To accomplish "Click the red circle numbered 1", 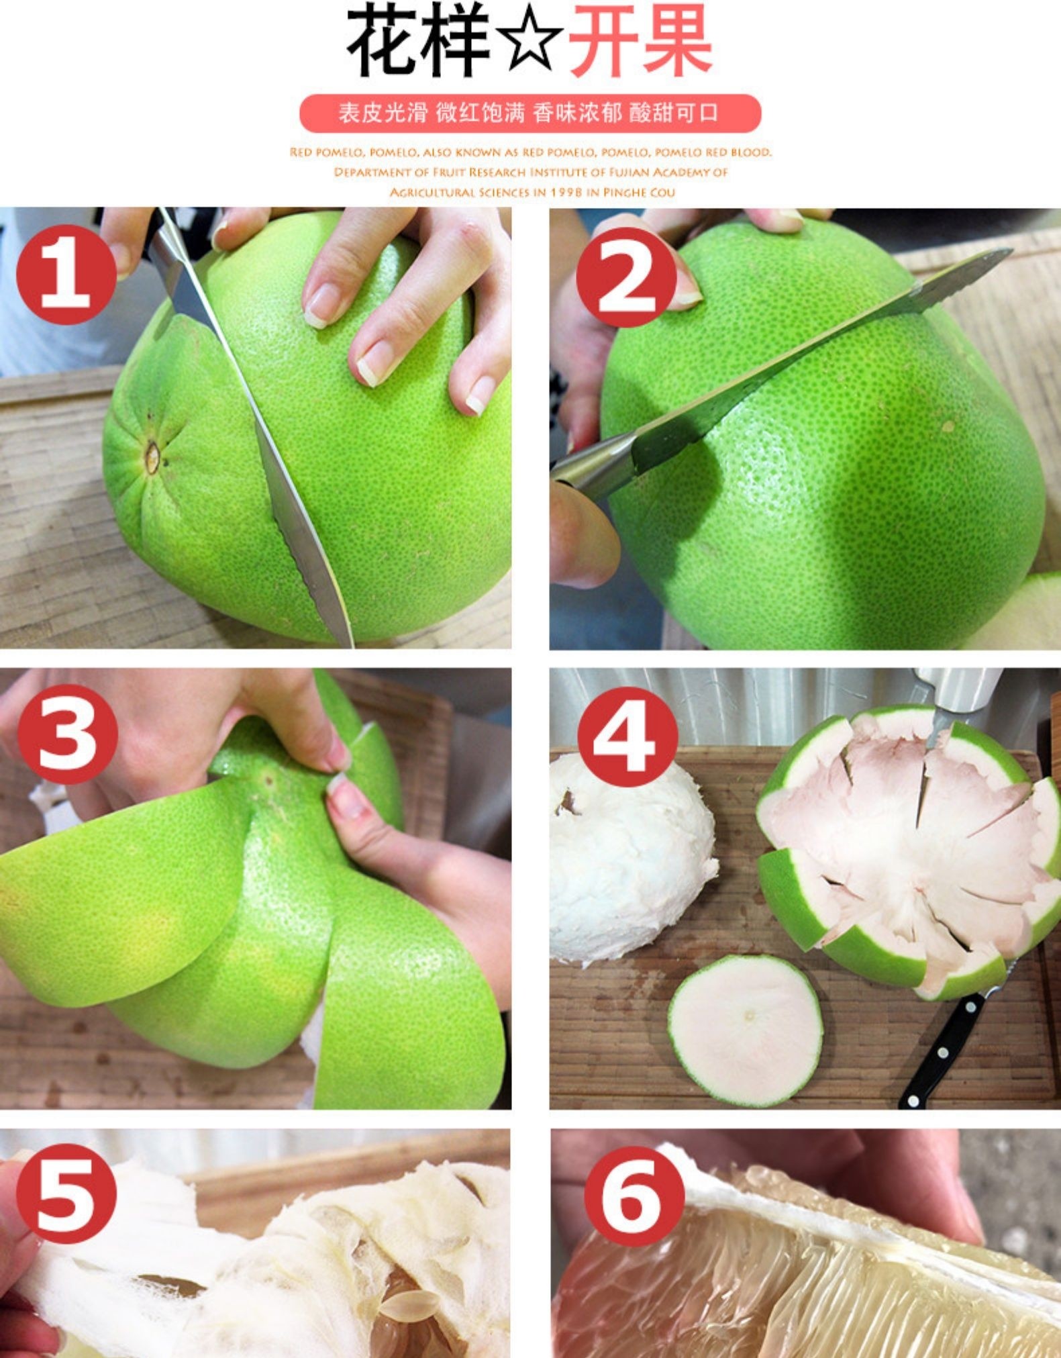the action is tap(65, 275).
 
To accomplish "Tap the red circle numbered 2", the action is tap(625, 277).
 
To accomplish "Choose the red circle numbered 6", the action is tap(634, 1196).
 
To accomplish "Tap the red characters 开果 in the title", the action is tap(639, 42).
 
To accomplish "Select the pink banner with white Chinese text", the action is tap(530, 113).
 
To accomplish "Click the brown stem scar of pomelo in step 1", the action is tap(152, 457).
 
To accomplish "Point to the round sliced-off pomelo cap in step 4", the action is tap(746, 1031).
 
